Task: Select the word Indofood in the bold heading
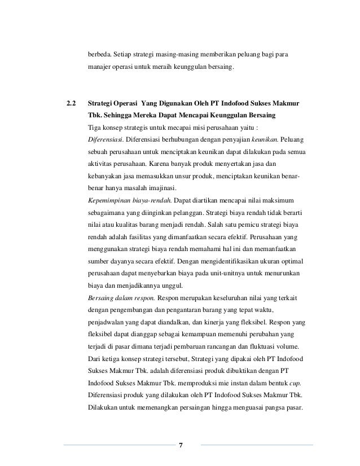point(244,105)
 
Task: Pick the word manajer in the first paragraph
point(100,68)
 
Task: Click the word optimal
point(289,261)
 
